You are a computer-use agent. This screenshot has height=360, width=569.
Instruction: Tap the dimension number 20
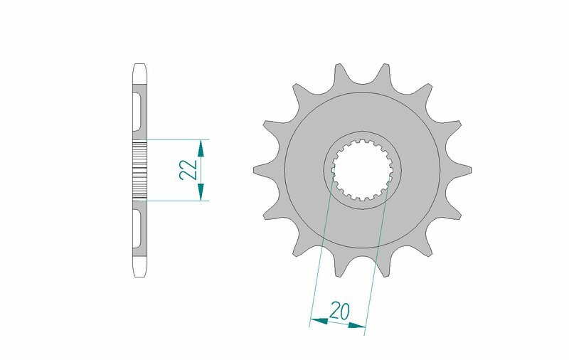[x=339, y=310]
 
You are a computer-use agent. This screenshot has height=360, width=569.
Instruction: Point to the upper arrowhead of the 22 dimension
[x=201, y=147]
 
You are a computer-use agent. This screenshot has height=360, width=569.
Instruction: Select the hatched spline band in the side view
[x=139, y=169]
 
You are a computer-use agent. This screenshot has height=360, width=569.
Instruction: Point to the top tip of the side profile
[x=139, y=65]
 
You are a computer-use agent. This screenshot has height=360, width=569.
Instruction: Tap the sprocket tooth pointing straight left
[x=260, y=169]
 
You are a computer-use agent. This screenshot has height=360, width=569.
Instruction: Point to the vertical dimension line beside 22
[x=201, y=169]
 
